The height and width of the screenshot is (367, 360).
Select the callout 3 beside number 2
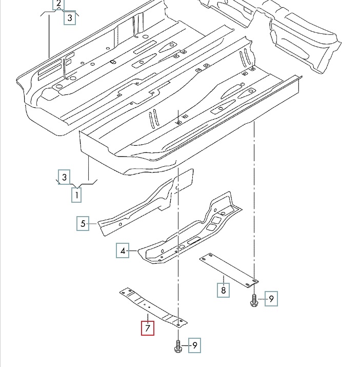[70, 18]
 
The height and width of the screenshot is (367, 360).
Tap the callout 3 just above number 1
[64, 177]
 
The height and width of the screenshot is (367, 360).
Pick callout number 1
[76, 195]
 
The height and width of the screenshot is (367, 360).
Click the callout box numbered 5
[83, 223]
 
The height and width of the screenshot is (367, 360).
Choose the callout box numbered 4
[123, 251]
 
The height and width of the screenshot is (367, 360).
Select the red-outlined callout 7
[148, 327]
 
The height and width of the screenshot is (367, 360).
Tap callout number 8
[223, 290]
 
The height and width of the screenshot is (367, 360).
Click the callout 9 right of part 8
[271, 299]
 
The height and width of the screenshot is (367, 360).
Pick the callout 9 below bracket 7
[194, 346]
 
